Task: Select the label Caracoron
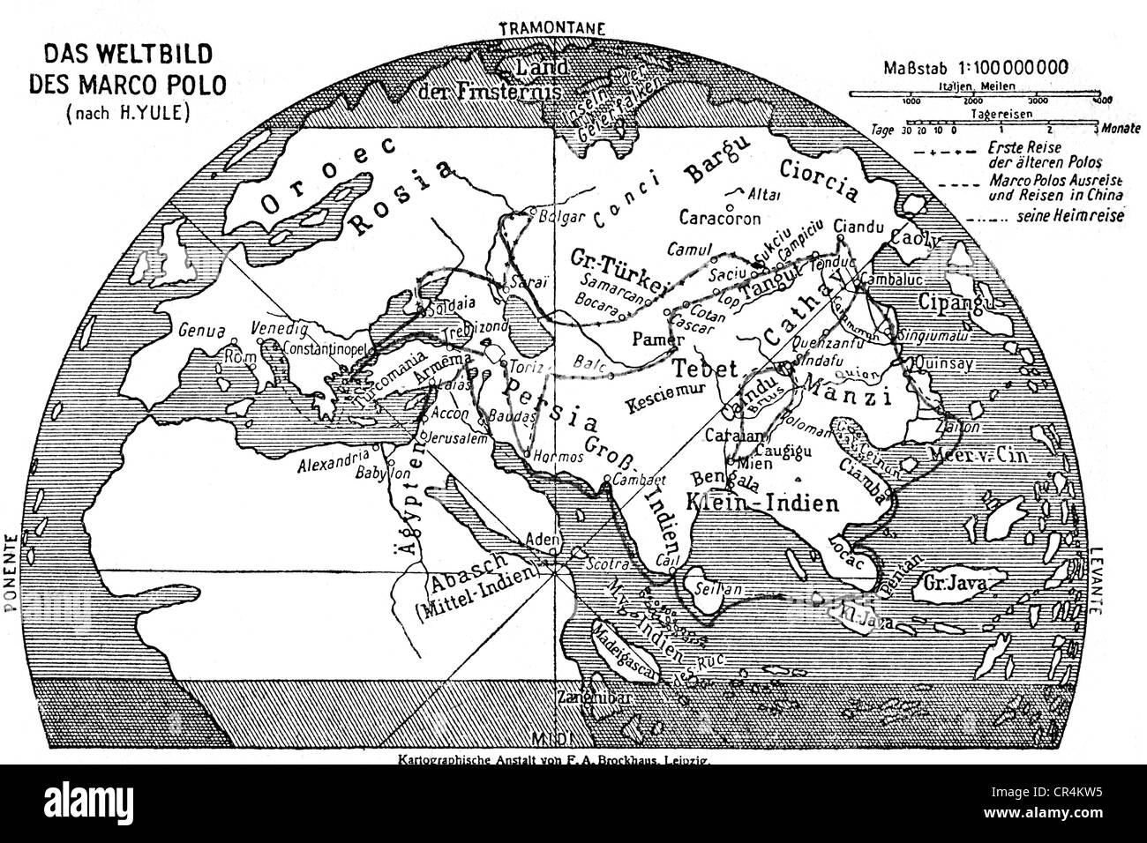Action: pos(716,216)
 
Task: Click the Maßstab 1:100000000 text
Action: pos(979,65)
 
